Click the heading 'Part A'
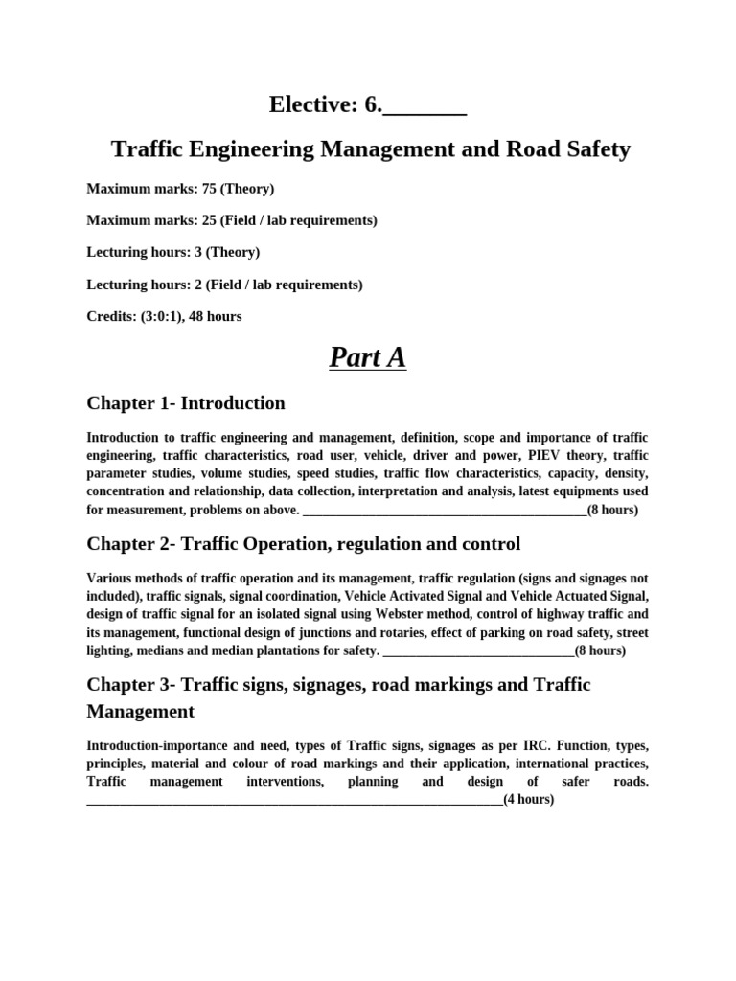(368, 357)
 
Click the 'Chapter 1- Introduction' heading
(186, 403)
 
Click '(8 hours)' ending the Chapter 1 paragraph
(612, 510)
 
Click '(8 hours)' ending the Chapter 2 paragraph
(600, 650)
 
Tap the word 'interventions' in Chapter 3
(285, 782)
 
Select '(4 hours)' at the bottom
(528, 799)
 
